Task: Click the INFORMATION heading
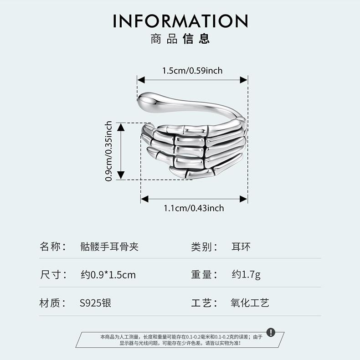[x=180, y=21]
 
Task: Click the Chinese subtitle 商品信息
[x=180, y=39]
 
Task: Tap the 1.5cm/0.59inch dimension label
[x=192, y=70]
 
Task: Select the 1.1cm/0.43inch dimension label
[x=194, y=208]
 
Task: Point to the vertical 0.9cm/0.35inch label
[x=109, y=151]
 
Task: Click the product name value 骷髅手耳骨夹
[x=109, y=247]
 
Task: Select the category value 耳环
[x=241, y=247]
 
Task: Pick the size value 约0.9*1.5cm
[x=108, y=275]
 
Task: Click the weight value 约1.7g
[x=246, y=275]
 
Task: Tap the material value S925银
[x=95, y=303]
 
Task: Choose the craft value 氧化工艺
[x=250, y=303]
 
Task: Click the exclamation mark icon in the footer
[x=271, y=332]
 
